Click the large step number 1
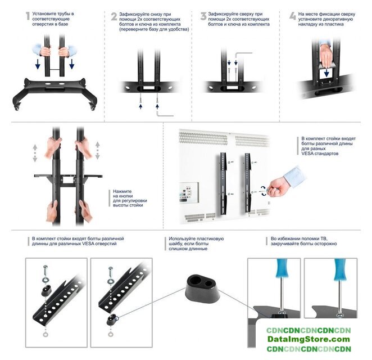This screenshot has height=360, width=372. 28,16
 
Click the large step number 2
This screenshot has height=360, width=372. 114,16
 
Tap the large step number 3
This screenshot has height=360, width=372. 203,16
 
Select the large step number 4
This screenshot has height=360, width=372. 293,16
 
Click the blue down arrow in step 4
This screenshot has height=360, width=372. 326,73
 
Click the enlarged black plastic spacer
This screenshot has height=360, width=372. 202,289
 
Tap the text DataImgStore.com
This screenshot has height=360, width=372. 309,339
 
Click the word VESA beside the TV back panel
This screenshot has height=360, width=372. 307,154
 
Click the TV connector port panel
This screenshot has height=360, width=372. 189,192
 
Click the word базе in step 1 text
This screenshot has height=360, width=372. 63,24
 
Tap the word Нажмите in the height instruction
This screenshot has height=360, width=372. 122,191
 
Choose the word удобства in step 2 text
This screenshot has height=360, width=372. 178,29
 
